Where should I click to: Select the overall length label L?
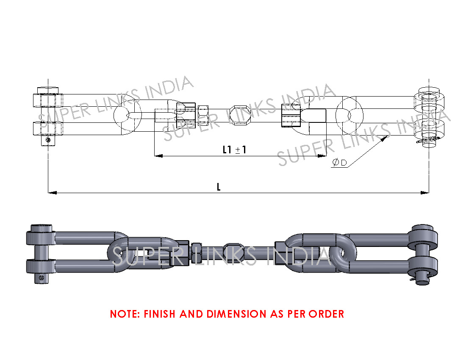[x=219, y=187]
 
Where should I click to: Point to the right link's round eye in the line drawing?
[x=349, y=115]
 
